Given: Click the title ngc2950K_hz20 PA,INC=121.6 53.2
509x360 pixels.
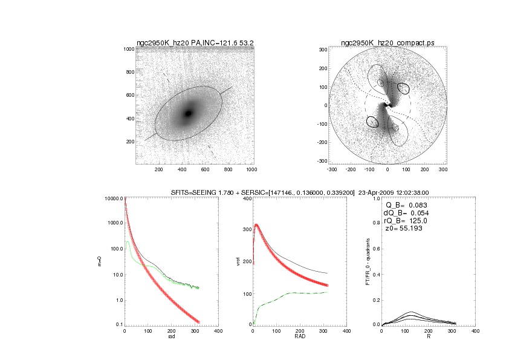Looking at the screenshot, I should (x=195, y=42).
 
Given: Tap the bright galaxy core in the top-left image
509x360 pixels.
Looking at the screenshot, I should (x=188, y=113).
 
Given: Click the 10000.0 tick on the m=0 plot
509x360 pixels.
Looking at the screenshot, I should (x=114, y=199).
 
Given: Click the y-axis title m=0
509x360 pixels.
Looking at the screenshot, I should (x=99, y=261).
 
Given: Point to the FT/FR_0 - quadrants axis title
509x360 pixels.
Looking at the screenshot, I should (x=368, y=261).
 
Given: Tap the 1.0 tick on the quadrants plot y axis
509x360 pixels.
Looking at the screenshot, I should (x=375, y=199).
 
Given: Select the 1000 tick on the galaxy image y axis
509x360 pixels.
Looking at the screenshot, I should (x=129, y=49).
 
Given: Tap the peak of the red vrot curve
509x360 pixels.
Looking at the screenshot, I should (x=256, y=225).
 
